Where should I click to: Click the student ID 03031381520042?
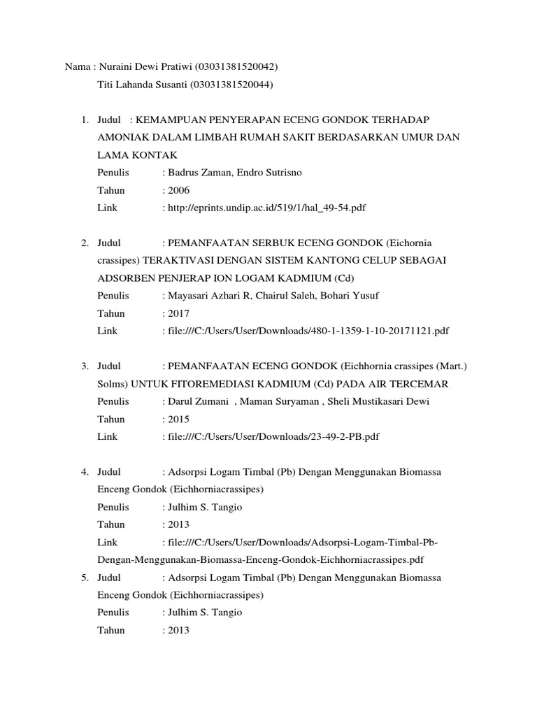[238, 67]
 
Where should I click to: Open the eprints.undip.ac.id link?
[266, 208]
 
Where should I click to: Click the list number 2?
[84, 243]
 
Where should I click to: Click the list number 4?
[84, 472]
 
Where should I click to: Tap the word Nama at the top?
[76, 67]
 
